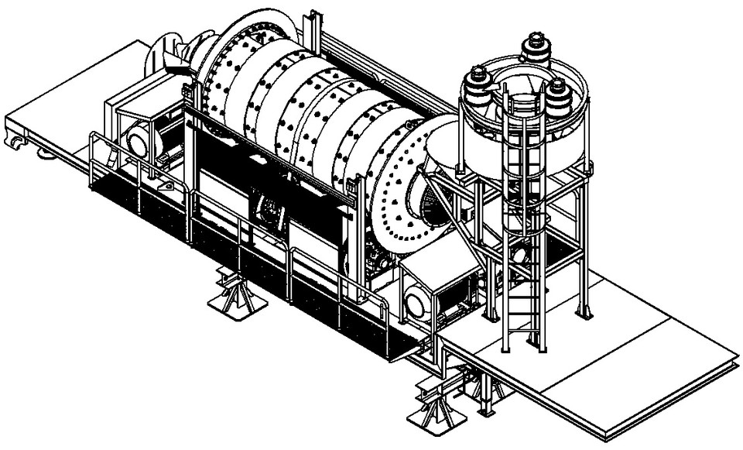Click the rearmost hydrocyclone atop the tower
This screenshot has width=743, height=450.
(x=533, y=48)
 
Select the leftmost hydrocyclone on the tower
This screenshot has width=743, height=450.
(x=478, y=82)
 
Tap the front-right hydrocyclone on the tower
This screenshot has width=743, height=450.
(x=560, y=94)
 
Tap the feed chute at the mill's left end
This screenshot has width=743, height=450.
(x=180, y=68)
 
